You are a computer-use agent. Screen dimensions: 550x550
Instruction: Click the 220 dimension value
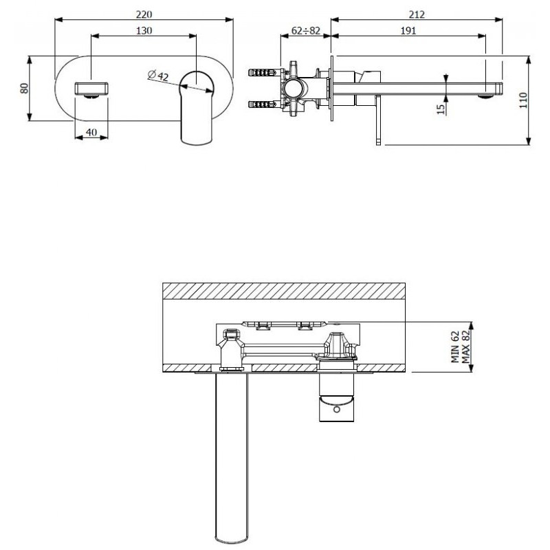pos(144,14)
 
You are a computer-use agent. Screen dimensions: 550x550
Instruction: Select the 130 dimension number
pos(144,31)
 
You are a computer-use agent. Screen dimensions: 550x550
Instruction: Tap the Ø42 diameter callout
pos(158,76)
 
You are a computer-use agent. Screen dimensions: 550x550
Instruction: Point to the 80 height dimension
pos(24,88)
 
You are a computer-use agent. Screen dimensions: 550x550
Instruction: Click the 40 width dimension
pos(91,132)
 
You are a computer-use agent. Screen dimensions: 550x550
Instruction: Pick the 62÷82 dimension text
pos(306,31)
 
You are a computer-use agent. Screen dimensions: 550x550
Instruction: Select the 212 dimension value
pos(417,14)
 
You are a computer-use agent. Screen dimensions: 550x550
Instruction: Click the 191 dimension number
pos(408,31)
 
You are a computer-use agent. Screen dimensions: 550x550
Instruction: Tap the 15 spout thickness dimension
pos(441,109)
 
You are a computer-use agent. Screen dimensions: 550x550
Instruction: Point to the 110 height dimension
pos(523,100)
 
